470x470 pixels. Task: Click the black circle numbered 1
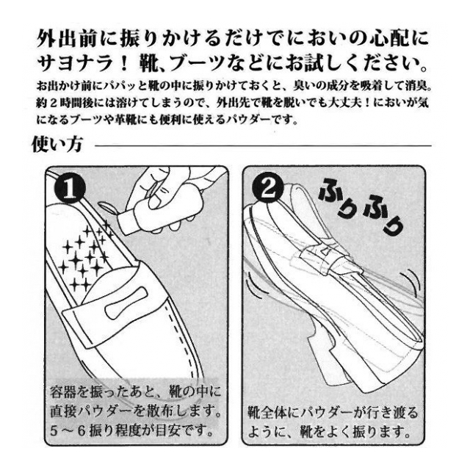pyautogui.click(x=70, y=189)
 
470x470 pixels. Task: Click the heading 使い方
pyautogui.click(x=57, y=145)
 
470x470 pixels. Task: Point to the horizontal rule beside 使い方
pyautogui.click(x=263, y=146)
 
